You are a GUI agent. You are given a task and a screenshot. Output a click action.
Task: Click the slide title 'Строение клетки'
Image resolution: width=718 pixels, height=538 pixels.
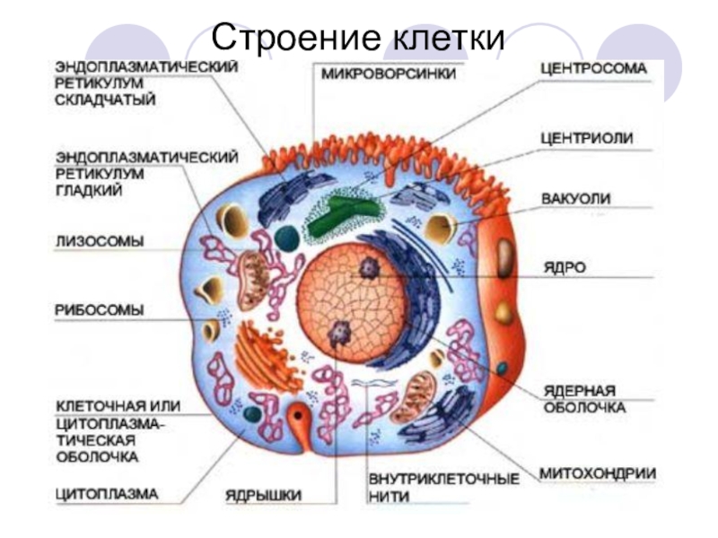[358, 39]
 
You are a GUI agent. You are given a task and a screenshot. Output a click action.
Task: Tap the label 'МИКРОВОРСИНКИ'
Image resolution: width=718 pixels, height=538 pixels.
[389, 74]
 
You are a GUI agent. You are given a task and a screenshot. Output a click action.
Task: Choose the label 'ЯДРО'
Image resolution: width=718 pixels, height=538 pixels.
[564, 267]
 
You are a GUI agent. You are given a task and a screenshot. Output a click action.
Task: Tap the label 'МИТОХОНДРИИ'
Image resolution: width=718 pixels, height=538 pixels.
[597, 473]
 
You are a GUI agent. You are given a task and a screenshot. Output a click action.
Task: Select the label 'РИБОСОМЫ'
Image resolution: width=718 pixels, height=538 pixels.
[100, 310]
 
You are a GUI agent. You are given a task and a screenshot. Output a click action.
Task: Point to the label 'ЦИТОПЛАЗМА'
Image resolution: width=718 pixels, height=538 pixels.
[106, 493]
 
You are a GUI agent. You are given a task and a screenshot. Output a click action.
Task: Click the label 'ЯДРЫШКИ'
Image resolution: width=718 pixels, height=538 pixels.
[263, 495]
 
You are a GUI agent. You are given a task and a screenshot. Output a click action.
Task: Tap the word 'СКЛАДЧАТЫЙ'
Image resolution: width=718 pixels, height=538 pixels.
[105, 100]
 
